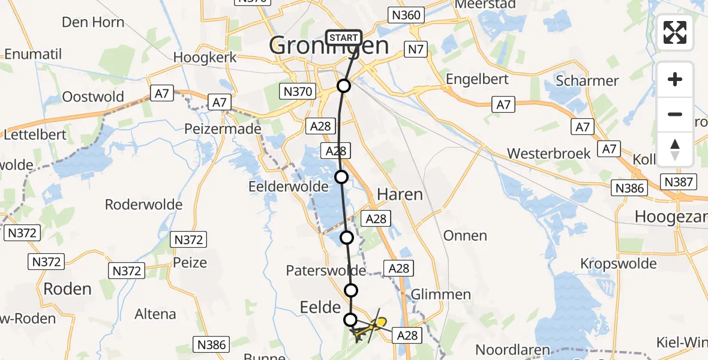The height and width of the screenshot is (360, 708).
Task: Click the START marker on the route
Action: pyautogui.click(x=344, y=38)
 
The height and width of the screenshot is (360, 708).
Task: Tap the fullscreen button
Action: pyautogui.click(x=675, y=32)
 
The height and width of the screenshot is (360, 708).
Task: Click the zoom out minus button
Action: pyautogui.click(x=675, y=114)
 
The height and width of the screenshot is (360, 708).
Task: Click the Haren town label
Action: pyautogui.click(x=400, y=194)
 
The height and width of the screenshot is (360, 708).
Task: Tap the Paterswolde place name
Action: pyautogui.click(x=326, y=271)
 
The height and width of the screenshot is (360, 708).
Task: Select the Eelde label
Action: pyautogui.click(x=320, y=307)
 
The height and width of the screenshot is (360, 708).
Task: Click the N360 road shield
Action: pyautogui.click(x=406, y=15)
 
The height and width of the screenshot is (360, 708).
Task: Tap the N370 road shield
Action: pyautogui.click(x=297, y=92)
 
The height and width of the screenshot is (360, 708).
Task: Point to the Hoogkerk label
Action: pyautogui.click(x=205, y=58)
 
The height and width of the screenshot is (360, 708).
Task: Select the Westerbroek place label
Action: pyautogui.click(x=549, y=154)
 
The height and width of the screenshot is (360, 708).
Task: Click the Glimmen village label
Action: pyautogui.click(x=441, y=294)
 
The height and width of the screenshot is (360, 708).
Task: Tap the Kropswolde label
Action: pyautogui.click(x=619, y=263)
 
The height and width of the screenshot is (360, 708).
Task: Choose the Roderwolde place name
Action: pyautogui.click(x=143, y=205)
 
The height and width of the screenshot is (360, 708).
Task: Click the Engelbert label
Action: pyautogui.click(x=477, y=79)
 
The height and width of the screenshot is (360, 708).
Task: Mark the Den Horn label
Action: pyautogui.click(x=93, y=23)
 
